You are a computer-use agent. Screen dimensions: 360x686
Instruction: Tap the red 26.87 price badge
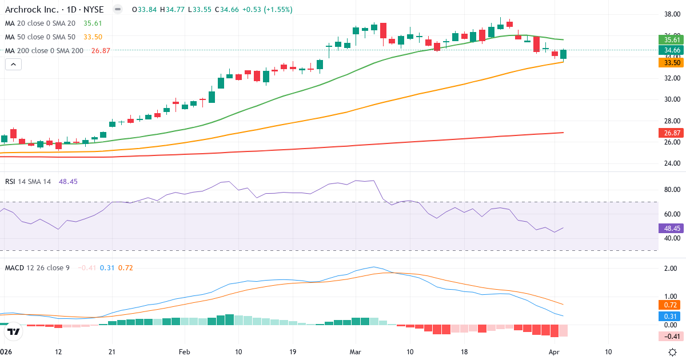pyautogui.click(x=672, y=133)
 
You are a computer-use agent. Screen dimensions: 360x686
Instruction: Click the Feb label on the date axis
pyautogui.click(x=184, y=352)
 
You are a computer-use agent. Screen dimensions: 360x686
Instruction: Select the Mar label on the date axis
pyautogui.click(x=356, y=352)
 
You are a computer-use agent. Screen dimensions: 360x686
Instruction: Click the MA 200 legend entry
pyautogui.click(x=45, y=50)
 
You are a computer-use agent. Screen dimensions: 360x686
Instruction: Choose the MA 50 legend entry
pyautogui.click(x=40, y=37)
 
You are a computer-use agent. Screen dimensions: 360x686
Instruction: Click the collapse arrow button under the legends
pyautogui.click(x=13, y=65)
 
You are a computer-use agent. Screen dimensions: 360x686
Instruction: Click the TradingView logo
pyautogui.click(x=14, y=331)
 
